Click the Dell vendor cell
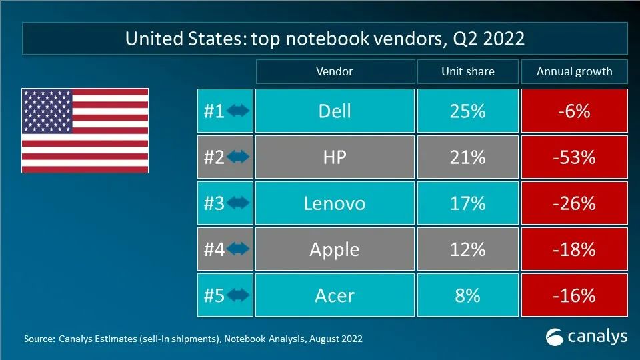(x=334, y=111)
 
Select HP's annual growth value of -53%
(x=574, y=157)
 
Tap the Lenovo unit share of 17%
(x=467, y=203)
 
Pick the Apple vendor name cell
(x=334, y=249)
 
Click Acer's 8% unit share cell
(x=467, y=295)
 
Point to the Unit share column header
(x=467, y=71)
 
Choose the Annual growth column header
(x=574, y=71)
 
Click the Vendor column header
(x=334, y=71)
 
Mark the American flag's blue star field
(x=47, y=111)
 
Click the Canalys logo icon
(x=555, y=337)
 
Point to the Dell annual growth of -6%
(x=574, y=111)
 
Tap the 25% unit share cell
(x=467, y=111)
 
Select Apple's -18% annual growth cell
(x=574, y=249)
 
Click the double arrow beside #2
(x=238, y=157)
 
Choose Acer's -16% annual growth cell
(x=574, y=295)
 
